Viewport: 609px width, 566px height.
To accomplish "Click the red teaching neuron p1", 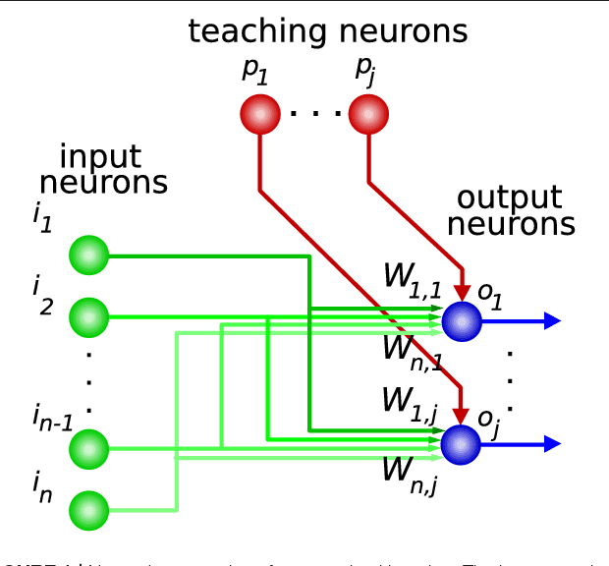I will point(260,115).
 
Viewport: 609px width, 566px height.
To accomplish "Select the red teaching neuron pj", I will point(368,115).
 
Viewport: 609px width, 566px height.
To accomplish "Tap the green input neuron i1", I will point(88,255).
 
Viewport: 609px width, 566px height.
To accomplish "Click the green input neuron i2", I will point(88,317).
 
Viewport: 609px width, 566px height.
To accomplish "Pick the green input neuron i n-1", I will point(88,449).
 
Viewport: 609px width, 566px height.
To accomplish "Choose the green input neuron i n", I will point(88,510).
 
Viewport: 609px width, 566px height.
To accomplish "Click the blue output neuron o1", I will point(461,320).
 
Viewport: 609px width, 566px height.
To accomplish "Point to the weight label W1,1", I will point(411,279).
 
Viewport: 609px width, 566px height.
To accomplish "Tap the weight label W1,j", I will point(410,403).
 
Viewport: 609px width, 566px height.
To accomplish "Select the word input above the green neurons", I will point(100,157).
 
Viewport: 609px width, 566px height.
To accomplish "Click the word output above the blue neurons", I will point(510,198).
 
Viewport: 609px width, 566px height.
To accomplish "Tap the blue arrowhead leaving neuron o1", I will point(551,320).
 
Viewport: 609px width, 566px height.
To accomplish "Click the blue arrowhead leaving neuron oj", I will point(551,445).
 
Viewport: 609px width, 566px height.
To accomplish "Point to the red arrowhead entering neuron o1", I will point(461,292).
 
